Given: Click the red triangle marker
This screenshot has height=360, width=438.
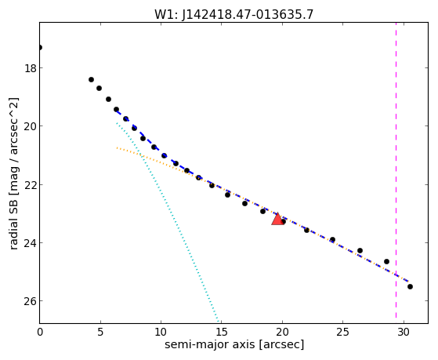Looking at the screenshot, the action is [277, 220].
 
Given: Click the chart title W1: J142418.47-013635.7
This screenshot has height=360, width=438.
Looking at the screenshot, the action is [233, 14].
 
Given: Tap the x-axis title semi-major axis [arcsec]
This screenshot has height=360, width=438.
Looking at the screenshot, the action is [234, 344].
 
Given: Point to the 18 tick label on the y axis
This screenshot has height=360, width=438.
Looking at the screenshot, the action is [31, 68].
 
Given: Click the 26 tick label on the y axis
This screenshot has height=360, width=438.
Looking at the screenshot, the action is [31, 301].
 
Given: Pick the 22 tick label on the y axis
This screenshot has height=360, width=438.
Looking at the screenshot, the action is [31, 184].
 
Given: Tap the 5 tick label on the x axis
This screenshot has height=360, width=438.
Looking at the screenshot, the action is [100, 332].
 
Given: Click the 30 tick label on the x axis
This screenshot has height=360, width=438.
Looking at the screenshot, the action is [404, 332].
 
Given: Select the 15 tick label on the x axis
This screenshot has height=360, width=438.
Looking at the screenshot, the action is [222, 332].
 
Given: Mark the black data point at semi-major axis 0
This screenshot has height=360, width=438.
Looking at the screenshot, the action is [40, 48].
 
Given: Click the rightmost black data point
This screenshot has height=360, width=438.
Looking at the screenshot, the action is [410, 287].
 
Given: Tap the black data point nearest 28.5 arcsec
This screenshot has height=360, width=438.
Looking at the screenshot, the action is [386, 261].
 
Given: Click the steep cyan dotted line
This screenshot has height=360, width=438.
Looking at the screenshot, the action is [168, 222].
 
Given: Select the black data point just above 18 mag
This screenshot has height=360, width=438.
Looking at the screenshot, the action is [91, 80].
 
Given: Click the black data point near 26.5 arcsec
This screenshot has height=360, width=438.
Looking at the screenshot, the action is [360, 251].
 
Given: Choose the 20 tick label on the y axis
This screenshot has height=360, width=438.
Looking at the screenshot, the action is [31, 126].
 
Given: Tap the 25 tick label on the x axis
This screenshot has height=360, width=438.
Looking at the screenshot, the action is [342, 332].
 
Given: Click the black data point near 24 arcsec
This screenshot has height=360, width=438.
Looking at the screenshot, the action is [332, 240].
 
